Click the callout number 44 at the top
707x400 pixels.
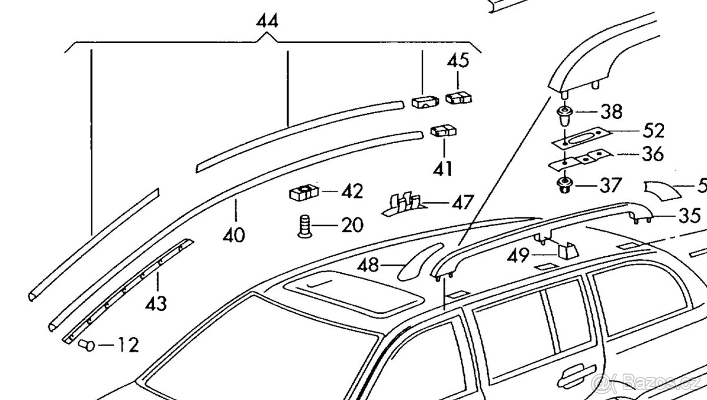(x=267, y=21)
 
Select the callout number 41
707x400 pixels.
(x=442, y=170)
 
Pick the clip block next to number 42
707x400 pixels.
(x=304, y=192)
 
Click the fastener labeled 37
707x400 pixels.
(x=564, y=184)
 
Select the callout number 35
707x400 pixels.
(x=689, y=215)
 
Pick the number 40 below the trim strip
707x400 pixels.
(x=234, y=236)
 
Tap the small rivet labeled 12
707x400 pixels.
(x=87, y=345)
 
